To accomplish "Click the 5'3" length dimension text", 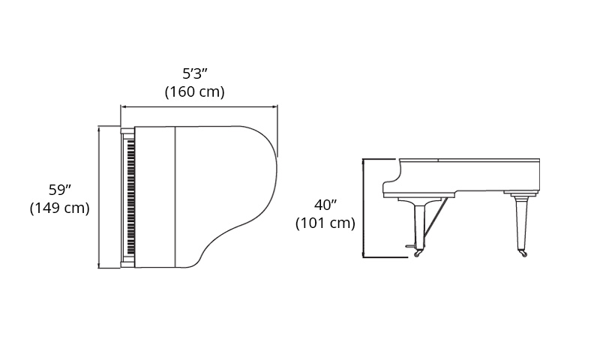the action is tap(195, 73).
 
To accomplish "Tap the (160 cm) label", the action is tap(194, 91).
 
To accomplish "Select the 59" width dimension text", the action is tap(60, 190).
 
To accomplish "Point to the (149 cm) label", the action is tap(60, 208).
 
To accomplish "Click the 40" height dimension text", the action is tap(325, 205).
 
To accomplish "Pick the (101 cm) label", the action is tap(325, 223).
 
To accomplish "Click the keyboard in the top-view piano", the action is tap(130, 196).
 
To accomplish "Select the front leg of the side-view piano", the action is tap(420, 226).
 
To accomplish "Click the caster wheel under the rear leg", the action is tap(523, 253).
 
